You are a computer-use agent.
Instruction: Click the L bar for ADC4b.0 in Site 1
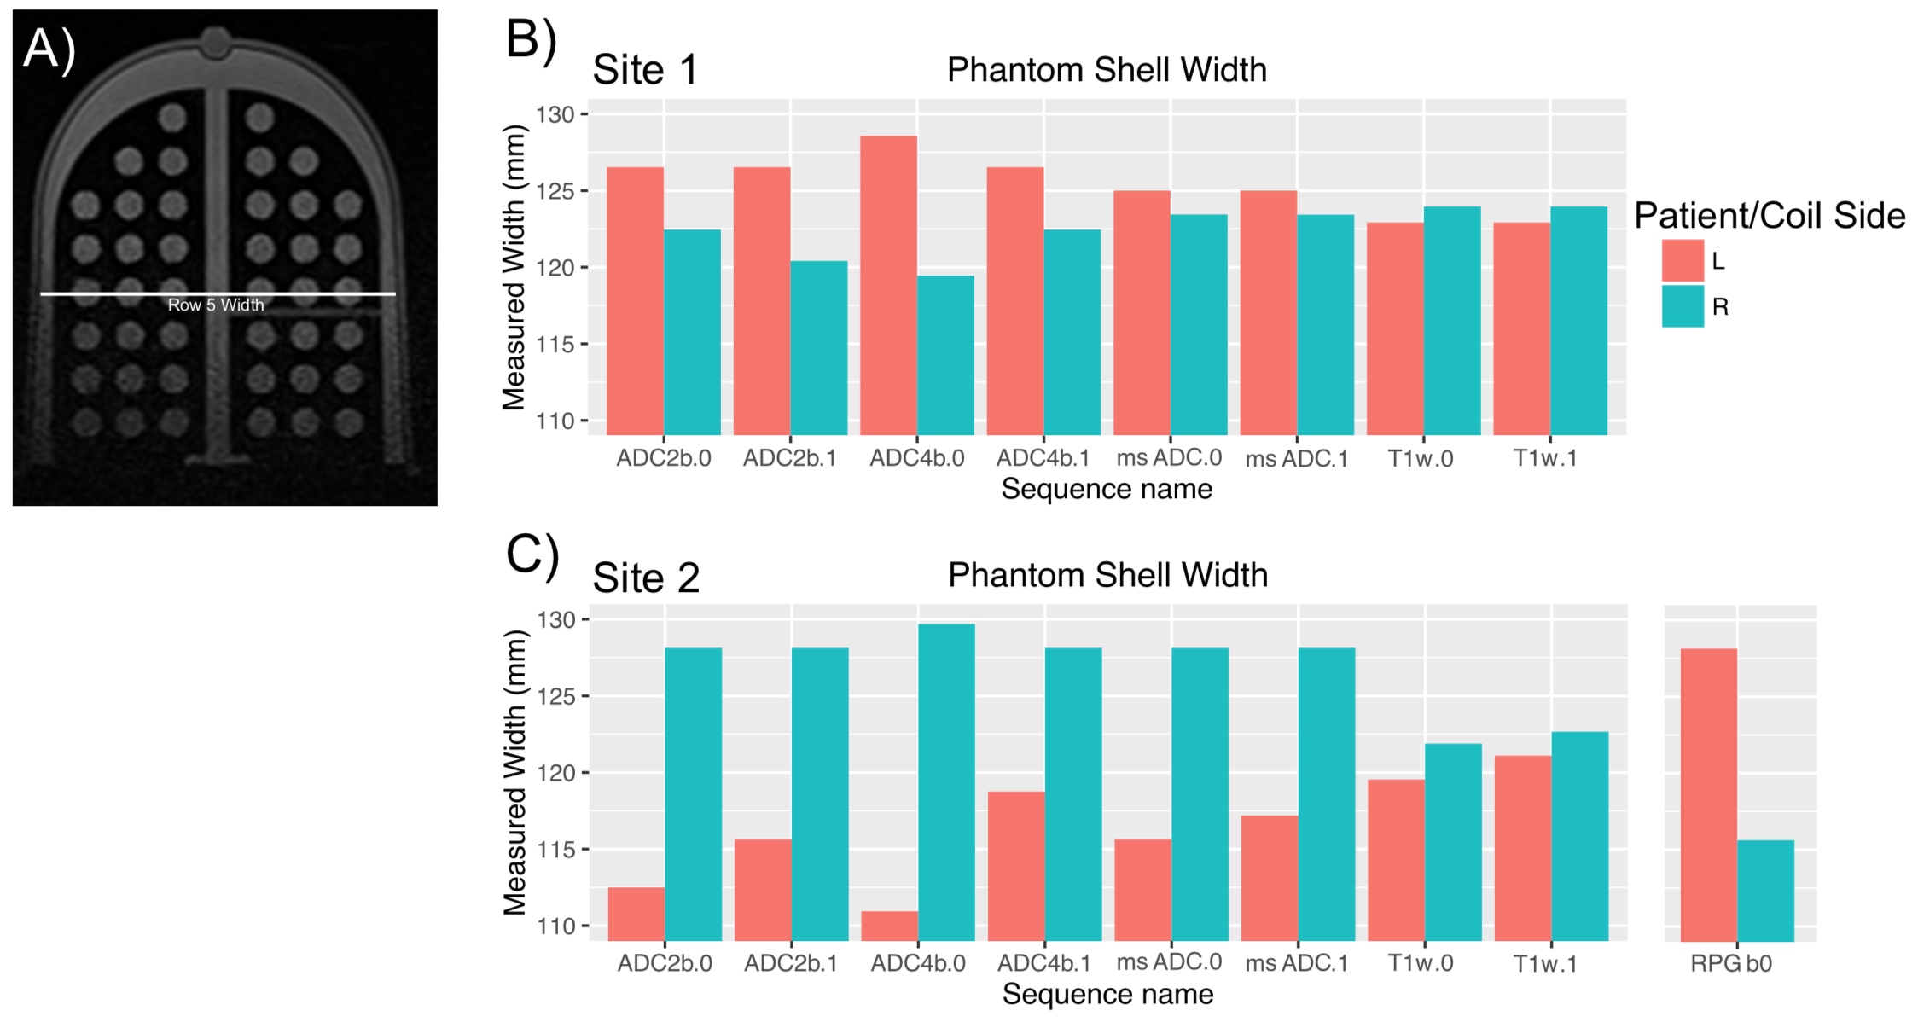click(888, 285)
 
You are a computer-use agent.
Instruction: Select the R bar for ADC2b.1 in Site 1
click(818, 347)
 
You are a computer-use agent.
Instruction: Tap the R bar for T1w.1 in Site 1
click(1578, 321)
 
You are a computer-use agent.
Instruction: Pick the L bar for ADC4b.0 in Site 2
click(890, 926)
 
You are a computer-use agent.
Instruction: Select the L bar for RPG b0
click(1708, 794)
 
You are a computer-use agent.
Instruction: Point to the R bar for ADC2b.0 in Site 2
click(693, 793)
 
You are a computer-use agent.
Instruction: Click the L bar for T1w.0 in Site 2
click(1396, 859)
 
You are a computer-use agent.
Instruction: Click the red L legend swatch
click(1682, 260)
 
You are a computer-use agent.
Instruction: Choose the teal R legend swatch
click(1682, 306)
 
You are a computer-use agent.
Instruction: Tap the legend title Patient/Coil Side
click(1769, 216)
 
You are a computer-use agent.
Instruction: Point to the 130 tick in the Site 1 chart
click(555, 114)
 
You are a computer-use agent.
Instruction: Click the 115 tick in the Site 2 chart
click(556, 850)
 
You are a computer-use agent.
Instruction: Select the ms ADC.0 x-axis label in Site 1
click(1169, 458)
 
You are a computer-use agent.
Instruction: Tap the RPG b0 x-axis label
click(1731, 963)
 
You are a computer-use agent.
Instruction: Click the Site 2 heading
click(646, 578)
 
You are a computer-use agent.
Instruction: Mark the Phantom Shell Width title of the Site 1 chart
click(1107, 70)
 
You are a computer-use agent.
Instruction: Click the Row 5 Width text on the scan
click(216, 305)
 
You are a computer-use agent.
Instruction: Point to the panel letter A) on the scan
click(49, 49)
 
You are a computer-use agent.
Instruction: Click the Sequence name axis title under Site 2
click(1107, 994)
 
